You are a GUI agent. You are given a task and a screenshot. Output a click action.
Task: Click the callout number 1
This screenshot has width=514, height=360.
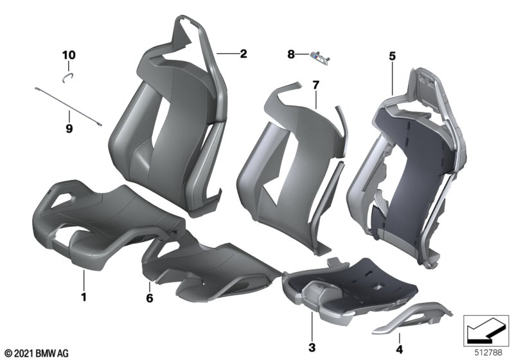pos(84,297)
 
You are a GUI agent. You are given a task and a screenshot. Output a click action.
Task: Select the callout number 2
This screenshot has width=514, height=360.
pos(244,53)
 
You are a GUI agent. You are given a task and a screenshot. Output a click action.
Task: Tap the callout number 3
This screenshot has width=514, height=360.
pos(312,347)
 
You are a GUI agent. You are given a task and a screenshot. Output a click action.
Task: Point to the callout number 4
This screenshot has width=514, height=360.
pos(399,350)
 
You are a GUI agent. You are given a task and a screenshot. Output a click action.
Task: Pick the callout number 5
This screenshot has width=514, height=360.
pos(393,56)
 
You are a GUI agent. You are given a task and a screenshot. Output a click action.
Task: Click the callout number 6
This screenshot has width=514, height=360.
pos(150,298)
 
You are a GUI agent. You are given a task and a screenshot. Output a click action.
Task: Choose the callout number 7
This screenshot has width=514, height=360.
pos(315,85)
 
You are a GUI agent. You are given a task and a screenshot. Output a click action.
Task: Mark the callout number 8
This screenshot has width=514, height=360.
pos(291,54)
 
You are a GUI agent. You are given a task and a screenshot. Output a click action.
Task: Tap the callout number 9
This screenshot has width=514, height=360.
pos(69,128)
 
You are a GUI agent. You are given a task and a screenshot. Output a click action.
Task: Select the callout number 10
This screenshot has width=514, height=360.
pos(69,55)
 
